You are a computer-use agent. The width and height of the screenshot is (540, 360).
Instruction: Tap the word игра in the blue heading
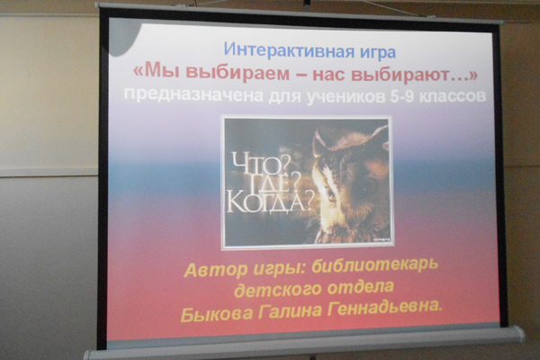[x=376, y=53]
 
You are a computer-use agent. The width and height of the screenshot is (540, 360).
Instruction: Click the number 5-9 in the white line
[x=404, y=96]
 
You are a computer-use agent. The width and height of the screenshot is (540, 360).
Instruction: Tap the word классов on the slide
[x=454, y=96]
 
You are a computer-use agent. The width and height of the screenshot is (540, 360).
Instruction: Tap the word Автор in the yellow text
[x=215, y=270]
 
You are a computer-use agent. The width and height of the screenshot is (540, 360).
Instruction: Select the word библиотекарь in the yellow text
[x=374, y=266]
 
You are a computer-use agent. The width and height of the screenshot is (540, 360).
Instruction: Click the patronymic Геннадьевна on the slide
[x=384, y=307]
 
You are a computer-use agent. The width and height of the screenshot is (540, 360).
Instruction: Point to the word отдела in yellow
[x=360, y=288]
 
